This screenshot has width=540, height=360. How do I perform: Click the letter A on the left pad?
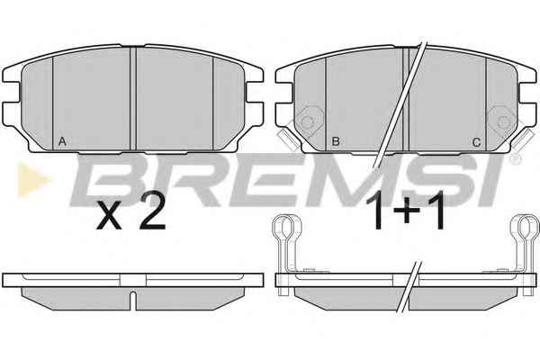(x=62, y=141)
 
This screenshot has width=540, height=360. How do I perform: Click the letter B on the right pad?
(x=336, y=141)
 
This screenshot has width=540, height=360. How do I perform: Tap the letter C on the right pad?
(x=477, y=142)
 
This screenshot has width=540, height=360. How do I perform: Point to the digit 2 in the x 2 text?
(x=152, y=210)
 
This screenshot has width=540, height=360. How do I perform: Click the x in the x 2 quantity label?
(x=109, y=215)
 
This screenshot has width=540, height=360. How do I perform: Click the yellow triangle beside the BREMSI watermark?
(x=32, y=179)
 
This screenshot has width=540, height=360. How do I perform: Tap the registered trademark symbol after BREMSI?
(x=515, y=159)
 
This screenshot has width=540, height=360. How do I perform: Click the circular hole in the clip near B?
(x=307, y=122)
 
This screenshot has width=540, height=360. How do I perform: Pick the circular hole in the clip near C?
(x=503, y=122)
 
